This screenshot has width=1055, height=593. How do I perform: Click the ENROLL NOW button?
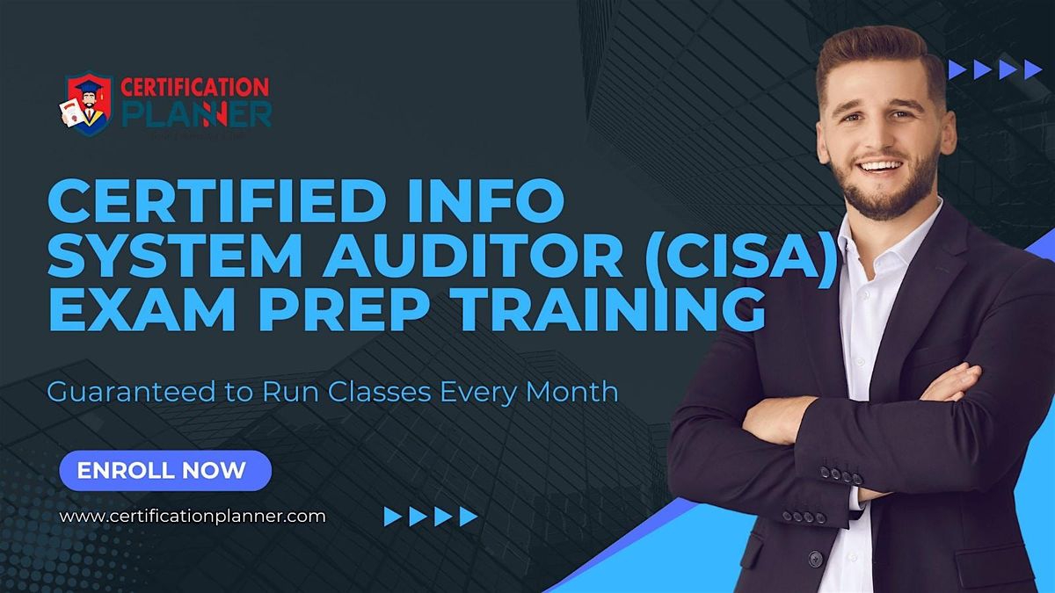[165, 470]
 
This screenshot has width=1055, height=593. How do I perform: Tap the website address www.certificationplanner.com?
[193, 517]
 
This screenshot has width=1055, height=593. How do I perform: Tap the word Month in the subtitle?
[577, 392]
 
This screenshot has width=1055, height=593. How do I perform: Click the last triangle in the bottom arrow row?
[469, 517]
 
